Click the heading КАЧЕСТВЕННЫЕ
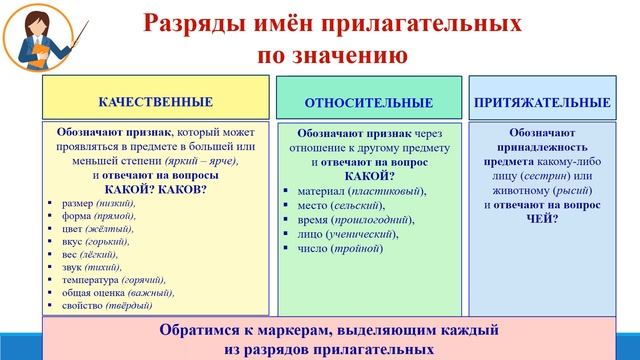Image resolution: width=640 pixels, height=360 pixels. pyautogui.click(x=155, y=102)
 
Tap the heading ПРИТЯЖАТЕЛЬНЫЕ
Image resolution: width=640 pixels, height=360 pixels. pyautogui.click(x=542, y=102)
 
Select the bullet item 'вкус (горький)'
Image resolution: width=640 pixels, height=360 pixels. pyautogui.click(x=98, y=241)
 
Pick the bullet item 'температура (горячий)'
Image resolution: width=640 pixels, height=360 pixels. pyautogui.click(x=113, y=280)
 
